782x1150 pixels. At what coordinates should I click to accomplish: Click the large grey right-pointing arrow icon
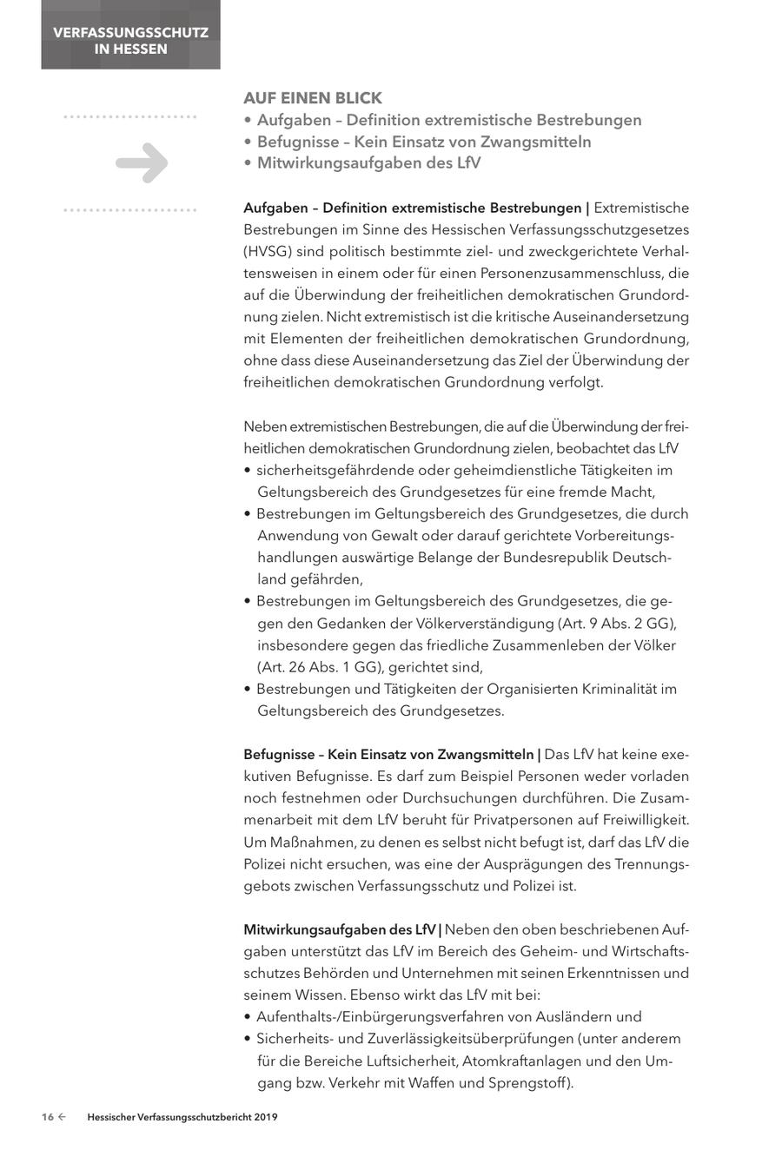click(x=142, y=162)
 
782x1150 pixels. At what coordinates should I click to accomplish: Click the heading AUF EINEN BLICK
click(x=313, y=98)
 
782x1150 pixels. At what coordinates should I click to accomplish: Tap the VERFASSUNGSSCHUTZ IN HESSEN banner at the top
click(x=130, y=41)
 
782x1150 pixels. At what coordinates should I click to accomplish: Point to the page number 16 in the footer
click(x=48, y=1118)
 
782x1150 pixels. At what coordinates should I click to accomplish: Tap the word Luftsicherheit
click(x=409, y=1061)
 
